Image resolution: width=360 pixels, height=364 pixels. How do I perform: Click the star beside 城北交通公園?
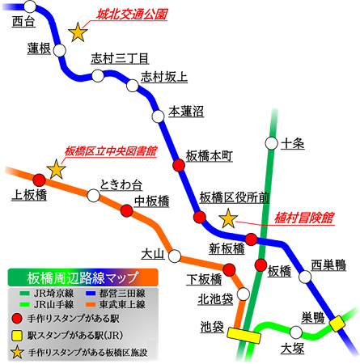pos(78,32)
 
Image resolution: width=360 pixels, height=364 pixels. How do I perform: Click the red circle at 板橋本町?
pos(179,165)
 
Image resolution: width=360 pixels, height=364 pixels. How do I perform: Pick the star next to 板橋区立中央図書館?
pos(56,169)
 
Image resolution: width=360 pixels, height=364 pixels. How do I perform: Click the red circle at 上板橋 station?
pos(38,180)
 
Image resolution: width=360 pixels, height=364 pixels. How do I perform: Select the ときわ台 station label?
pos(121,184)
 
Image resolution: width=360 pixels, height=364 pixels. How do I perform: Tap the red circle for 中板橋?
pos(127,211)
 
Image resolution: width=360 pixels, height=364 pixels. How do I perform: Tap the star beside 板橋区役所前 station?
pos(229,218)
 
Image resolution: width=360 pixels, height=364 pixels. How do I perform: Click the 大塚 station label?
pos(292,349)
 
